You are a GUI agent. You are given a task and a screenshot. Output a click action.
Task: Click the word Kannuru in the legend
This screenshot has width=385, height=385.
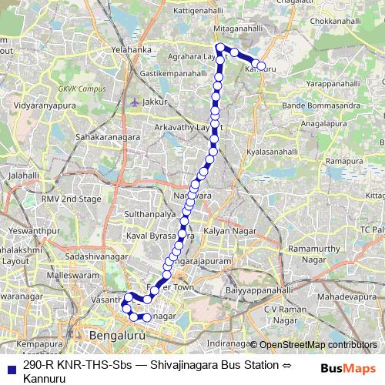pyautogui.click(x=44, y=378)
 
